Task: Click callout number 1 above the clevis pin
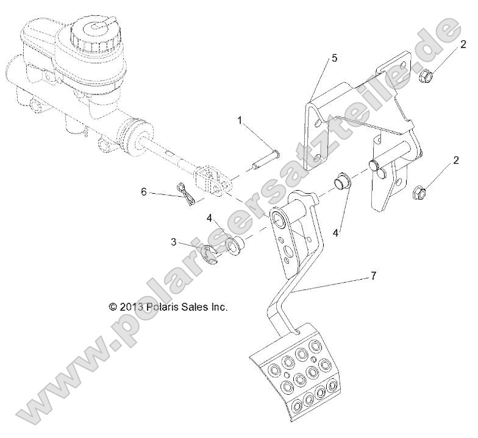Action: [x=240, y=121]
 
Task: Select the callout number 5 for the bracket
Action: [x=334, y=58]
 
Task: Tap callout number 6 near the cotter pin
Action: [x=144, y=191]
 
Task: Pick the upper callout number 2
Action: [x=463, y=43]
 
